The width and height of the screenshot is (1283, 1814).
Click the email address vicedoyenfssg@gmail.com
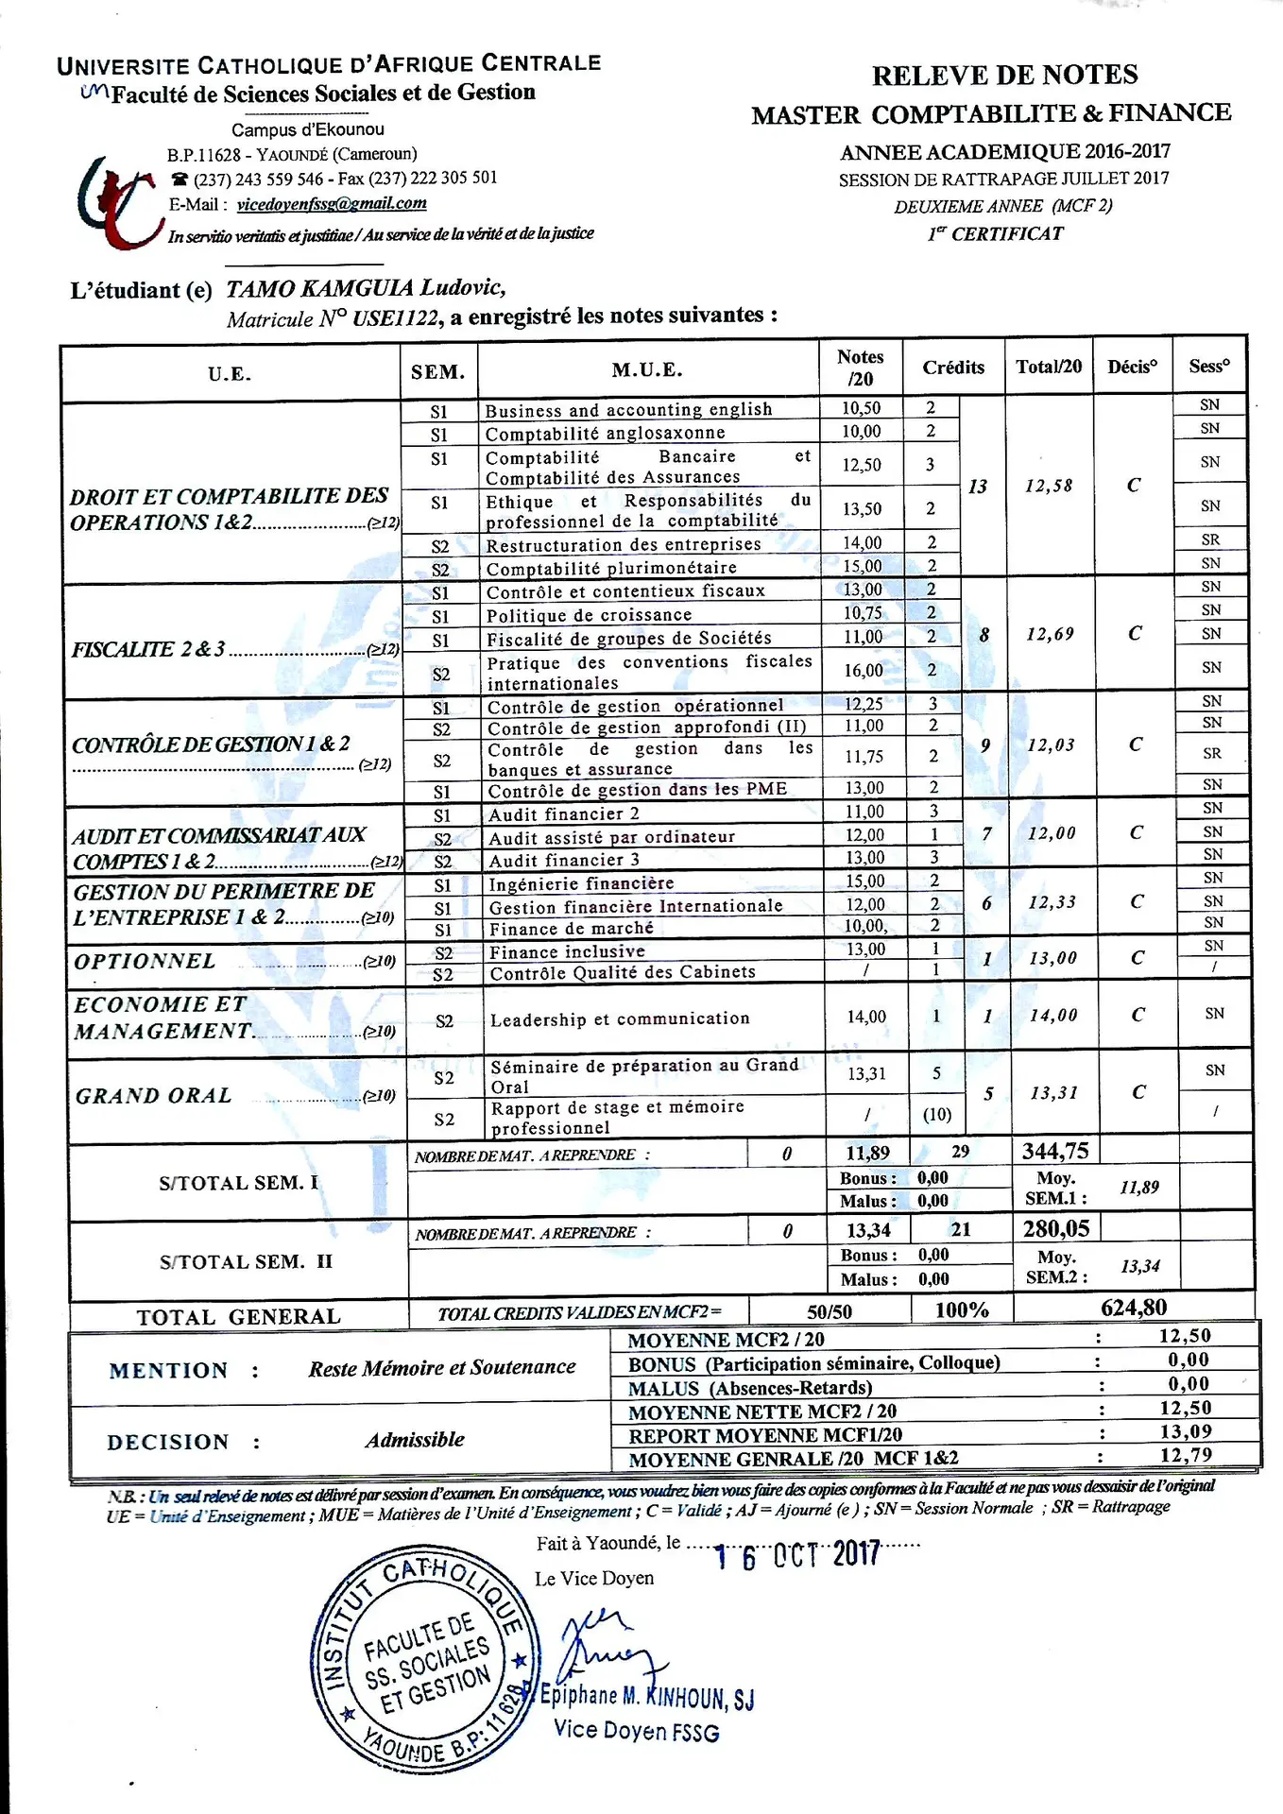coord(331,204)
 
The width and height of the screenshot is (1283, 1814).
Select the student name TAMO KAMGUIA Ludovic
coord(366,288)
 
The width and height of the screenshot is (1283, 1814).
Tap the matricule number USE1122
coord(395,318)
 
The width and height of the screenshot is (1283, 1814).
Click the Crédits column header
coord(953,368)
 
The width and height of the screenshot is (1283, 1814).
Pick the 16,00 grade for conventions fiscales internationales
coord(863,671)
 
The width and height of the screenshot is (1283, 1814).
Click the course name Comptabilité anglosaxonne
coord(605,434)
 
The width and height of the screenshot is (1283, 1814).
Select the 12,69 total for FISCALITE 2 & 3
coord(1050,634)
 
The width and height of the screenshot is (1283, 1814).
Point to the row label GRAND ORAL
coord(154,1096)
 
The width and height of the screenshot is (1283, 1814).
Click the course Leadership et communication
coord(620,1018)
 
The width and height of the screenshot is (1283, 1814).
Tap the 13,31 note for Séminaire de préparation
coord(866,1074)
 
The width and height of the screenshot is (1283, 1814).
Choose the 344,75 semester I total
coord(1055,1151)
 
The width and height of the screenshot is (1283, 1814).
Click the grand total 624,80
coord(1134,1308)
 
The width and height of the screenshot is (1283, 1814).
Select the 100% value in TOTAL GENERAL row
coord(961,1310)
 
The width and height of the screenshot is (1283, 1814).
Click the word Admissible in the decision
coord(415,1440)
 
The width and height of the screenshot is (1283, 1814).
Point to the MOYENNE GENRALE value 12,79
coord(1186,1456)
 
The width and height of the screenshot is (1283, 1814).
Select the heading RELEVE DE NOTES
coord(1004,76)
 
